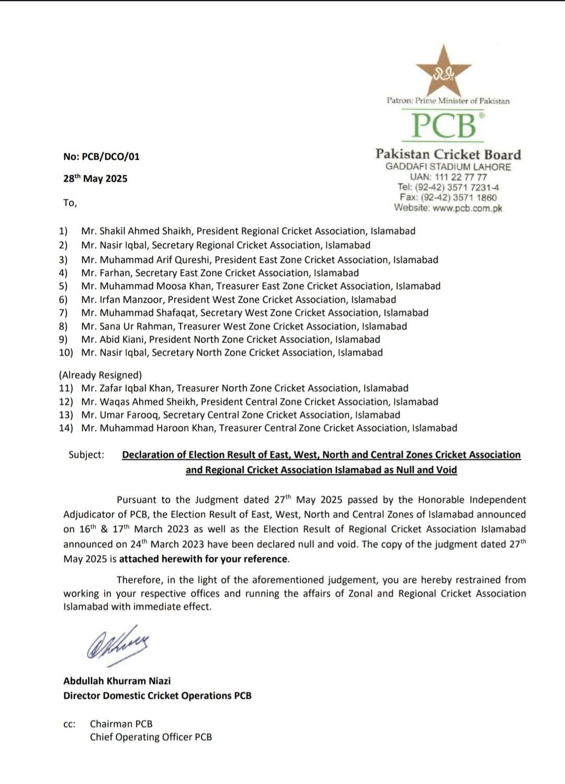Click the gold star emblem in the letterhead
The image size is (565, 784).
click(x=444, y=70)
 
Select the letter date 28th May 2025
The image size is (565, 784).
click(x=95, y=179)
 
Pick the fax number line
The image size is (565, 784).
click(x=448, y=197)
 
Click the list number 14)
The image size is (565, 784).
click(x=66, y=428)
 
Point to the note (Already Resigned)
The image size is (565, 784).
click(x=100, y=375)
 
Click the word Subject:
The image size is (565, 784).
click(x=86, y=455)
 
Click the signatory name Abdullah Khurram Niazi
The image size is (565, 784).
click(x=117, y=681)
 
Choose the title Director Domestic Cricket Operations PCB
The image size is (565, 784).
click(x=157, y=695)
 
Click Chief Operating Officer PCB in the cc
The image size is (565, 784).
click(x=151, y=737)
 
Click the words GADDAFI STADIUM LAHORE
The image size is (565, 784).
click(x=448, y=167)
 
